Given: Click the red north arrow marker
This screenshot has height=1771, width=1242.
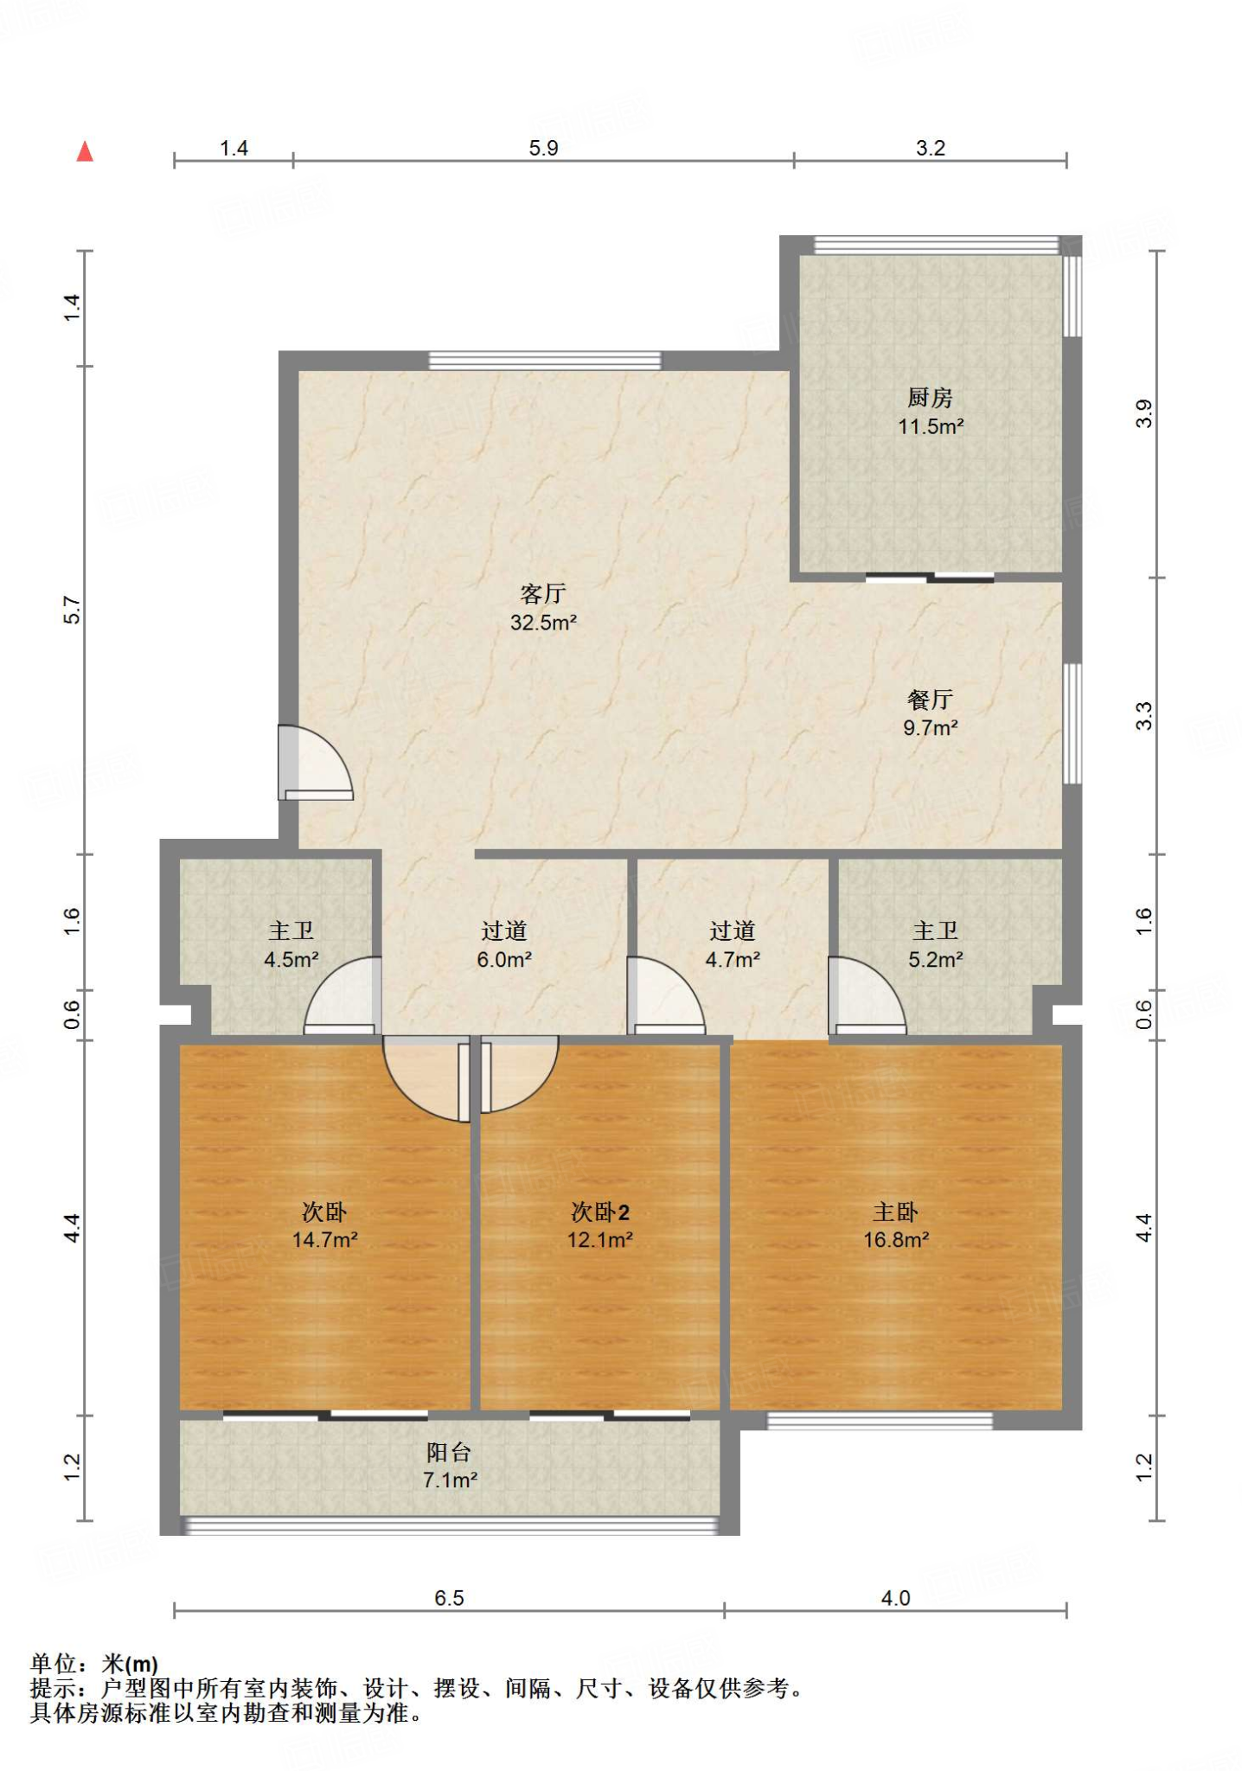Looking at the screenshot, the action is (x=85, y=151).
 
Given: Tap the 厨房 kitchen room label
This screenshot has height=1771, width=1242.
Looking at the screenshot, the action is (x=930, y=398).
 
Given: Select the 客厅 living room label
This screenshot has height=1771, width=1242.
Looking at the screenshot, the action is (x=543, y=593).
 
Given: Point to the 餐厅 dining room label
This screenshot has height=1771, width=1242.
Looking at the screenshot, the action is (x=930, y=700).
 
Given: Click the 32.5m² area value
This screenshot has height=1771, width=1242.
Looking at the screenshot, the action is (x=543, y=623).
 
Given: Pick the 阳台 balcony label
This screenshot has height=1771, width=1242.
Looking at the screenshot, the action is (x=449, y=1452).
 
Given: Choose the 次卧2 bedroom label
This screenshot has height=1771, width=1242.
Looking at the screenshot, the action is (x=600, y=1212).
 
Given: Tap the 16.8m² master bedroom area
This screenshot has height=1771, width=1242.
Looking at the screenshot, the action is (x=896, y=1240).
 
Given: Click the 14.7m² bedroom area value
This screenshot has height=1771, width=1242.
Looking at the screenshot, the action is (x=324, y=1240).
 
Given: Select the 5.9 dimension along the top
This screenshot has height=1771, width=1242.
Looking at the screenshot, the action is (x=543, y=148).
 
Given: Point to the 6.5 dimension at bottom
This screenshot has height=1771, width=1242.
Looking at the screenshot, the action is (x=449, y=1598).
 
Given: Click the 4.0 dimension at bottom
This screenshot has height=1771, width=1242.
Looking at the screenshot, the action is (x=895, y=1598).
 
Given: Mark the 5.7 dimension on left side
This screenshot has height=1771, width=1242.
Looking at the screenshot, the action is (x=72, y=611).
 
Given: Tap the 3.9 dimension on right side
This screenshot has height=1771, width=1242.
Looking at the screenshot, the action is (x=1143, y=413).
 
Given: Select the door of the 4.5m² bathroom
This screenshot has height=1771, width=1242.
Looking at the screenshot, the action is (x=343, y=995).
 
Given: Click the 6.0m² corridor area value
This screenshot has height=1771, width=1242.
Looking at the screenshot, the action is (x=504, y=960).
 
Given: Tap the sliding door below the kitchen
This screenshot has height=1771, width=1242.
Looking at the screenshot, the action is (x=930, y=578).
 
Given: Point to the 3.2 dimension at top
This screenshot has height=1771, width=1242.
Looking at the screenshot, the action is (x=931, y=148).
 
